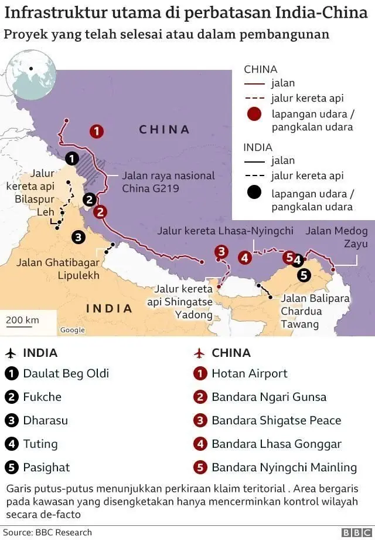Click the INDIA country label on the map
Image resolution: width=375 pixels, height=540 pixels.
pos(110,308)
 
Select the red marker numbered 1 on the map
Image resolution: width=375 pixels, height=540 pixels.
pos(97,131)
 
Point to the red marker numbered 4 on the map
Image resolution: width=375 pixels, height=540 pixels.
pos(245,256)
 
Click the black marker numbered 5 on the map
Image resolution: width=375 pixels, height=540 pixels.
pos(304,274)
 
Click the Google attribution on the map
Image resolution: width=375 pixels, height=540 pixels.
pos(73,330)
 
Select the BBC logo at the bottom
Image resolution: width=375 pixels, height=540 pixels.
pos(353,532)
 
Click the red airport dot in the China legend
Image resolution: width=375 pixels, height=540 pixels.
pos(254,113)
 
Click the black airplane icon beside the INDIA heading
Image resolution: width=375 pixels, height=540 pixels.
pos(11,353)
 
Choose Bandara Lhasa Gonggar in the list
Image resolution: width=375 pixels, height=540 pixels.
pos(276,444)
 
